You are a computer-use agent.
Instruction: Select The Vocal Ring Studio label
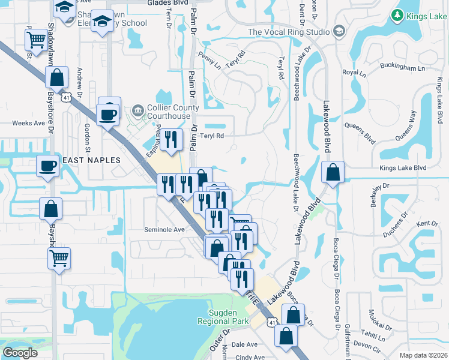tap(289, 32)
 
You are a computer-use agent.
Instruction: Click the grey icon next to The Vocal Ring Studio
tap(339, 31)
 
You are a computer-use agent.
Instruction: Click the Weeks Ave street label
tap(29, 123)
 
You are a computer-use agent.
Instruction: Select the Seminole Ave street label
tap(164, 229)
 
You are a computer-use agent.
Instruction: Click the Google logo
tap(20, 353)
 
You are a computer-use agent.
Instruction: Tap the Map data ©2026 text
tap(423, 355)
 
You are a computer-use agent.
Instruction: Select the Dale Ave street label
tap(244, 345)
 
